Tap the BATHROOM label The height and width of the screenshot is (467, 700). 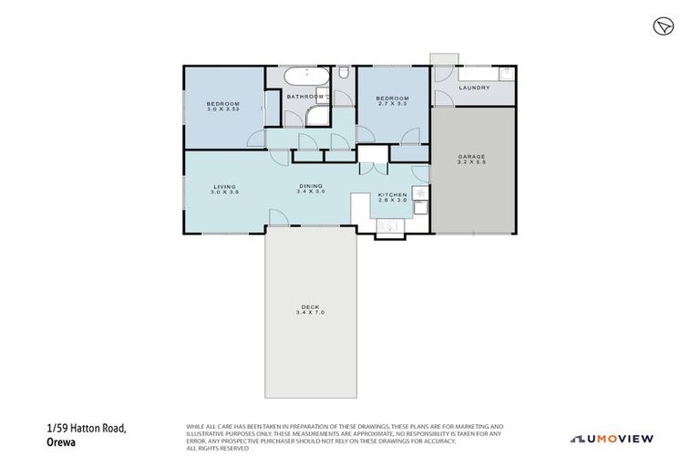click(x=304, y=97)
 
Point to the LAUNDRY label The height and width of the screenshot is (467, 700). click(x=474, y=88)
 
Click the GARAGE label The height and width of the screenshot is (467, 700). click(x=471, y=156)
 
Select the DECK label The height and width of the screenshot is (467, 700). click(x=310, y=306)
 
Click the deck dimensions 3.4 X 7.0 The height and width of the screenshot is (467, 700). click(x=310, y=313)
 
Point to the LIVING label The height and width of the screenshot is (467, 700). click(x=224, y=185)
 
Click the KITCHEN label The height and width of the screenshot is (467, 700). click(x=393, y=193)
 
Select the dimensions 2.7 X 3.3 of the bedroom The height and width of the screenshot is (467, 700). click(x=394, y=104)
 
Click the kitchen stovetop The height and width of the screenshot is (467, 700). click(x=417, y=192)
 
